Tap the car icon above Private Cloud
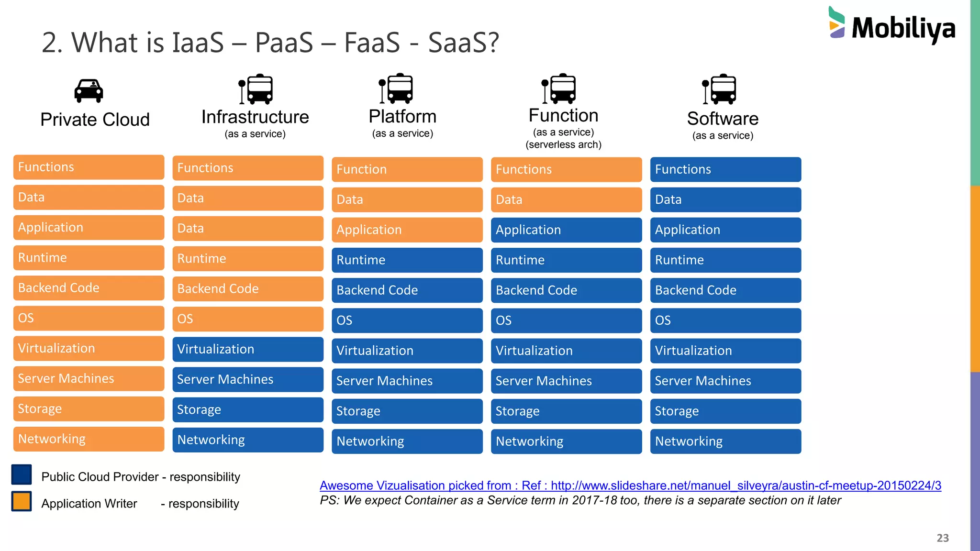point(89,90)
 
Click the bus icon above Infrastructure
point(256,89)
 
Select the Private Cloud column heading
point(95,120)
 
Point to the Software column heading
point(723,119)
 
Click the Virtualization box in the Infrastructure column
point(248,349)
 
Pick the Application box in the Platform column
point(407,230)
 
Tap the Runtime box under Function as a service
point(566,260)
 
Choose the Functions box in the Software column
point(725,169)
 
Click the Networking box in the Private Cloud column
point(89,439)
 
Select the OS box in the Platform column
point(407,320)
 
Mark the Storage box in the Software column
point(725,411)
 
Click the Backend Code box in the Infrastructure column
point(248,289)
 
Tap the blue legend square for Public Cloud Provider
point(22,474)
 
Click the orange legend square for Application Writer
point(22,501)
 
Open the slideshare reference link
point(630,485)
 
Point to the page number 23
point(943,538)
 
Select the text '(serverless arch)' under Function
point(563,144)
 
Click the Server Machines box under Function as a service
point(566,381)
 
